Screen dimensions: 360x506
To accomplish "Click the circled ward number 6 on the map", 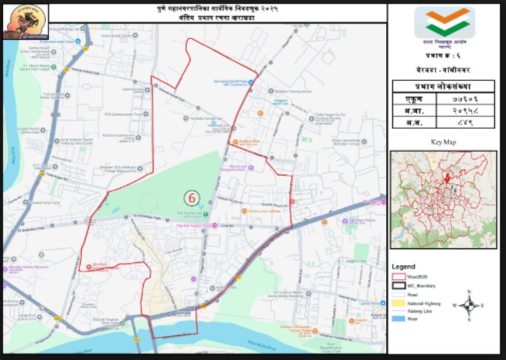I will tap(191, 198).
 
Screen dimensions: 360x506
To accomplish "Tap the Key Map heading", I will tap(444, 142).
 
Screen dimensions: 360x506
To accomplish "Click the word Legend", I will tap(404, 266).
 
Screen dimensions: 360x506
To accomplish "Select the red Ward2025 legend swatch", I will tap(400, 277).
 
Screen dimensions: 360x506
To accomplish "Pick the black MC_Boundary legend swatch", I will tap(400, 286).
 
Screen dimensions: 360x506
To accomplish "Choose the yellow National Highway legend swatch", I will tap(400, 304).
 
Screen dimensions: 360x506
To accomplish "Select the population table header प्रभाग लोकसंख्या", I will tap(444, 86).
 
